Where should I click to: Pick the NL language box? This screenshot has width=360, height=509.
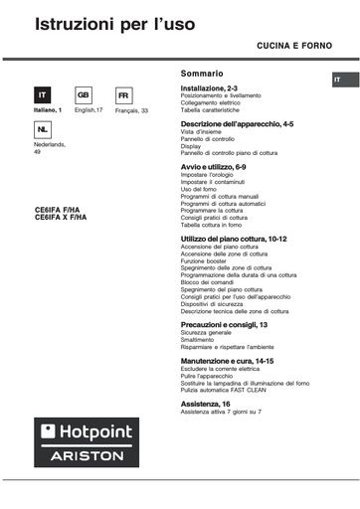[42, 130]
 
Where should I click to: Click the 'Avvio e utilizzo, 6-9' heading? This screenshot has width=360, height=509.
[214, 166]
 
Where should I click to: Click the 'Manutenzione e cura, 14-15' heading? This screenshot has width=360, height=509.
[227, 360]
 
